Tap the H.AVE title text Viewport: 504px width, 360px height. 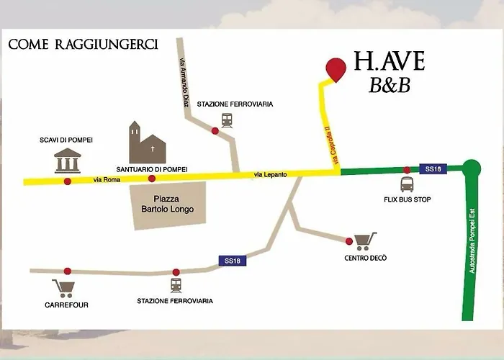tap(389, 62)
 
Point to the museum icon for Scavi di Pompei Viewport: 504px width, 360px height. tap(68, 161)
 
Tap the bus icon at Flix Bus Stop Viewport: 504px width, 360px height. tap(407, 184)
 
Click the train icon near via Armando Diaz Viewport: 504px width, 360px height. tap(228, 120)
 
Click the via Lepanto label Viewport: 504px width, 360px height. tap(269, 175)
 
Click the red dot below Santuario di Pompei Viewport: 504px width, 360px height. tap(151, 179)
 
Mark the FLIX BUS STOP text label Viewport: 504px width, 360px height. tap(407, 199)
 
